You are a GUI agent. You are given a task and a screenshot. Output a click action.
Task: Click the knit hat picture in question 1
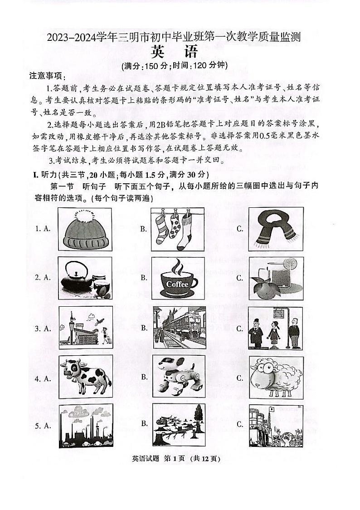click(85, 229)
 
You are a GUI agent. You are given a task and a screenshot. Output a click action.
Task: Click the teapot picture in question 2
click(85, 277)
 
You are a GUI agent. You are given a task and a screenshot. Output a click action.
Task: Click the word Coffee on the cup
click(177, 284)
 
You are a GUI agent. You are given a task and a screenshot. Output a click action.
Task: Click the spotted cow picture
click(85, 377)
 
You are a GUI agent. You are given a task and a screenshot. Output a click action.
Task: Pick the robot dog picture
click(179, 377)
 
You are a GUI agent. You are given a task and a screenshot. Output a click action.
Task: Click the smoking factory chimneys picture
click(85, 425)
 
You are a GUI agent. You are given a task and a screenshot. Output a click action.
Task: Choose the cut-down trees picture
click(179, 425)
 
